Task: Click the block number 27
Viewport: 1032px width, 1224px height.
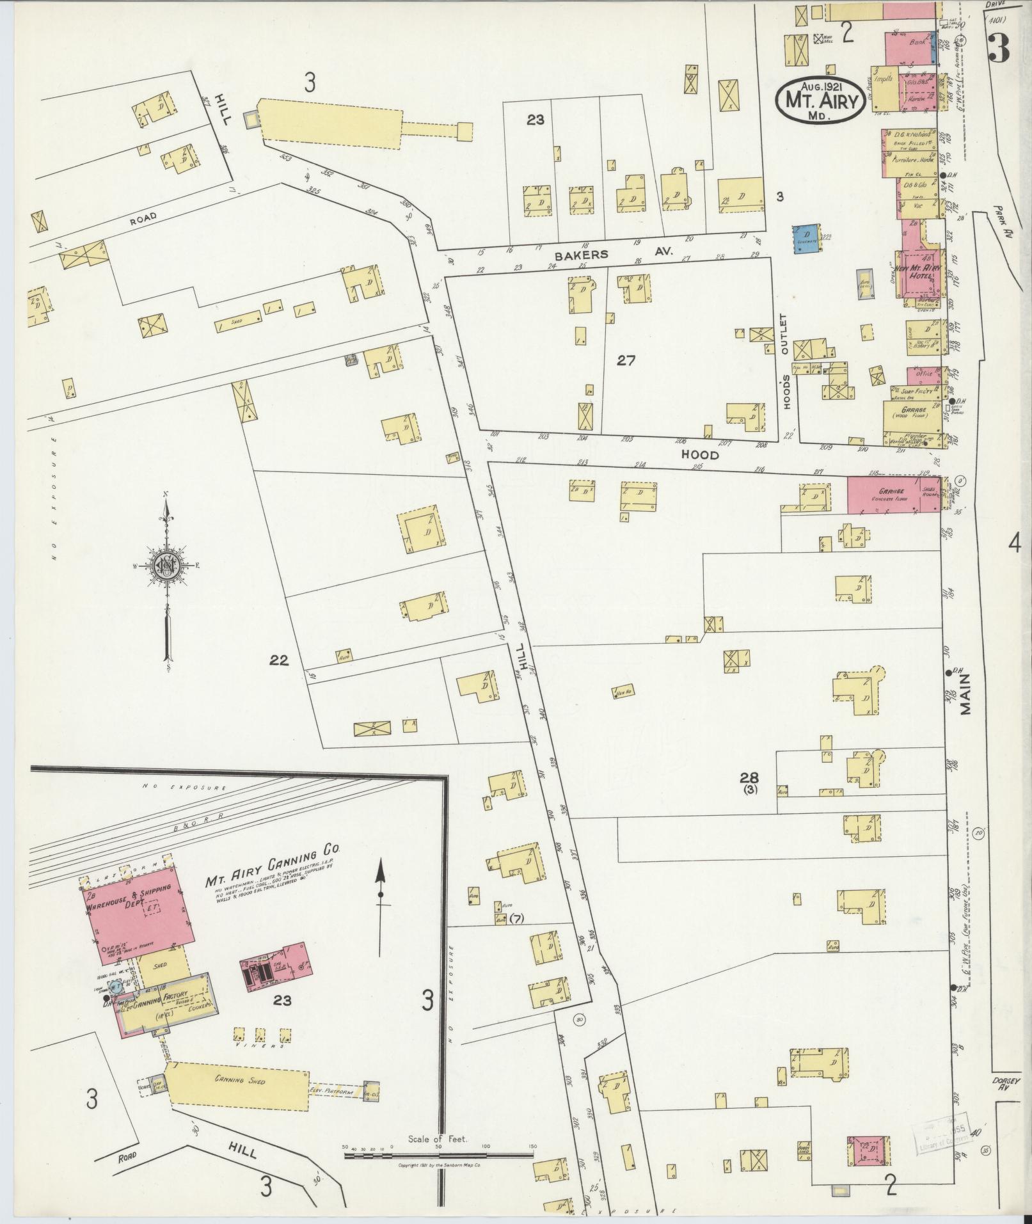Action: coord(626,361)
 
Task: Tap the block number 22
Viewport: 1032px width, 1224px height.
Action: coord(280,660)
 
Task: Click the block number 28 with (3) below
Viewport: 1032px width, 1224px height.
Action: coord(749,781)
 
